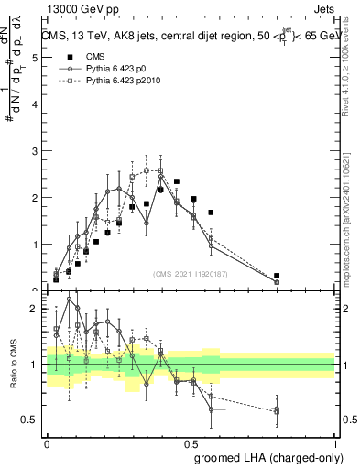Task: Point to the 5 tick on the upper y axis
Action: (36, 58)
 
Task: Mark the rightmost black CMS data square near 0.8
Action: (277, 276)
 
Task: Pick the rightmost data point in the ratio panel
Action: (277, 409)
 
